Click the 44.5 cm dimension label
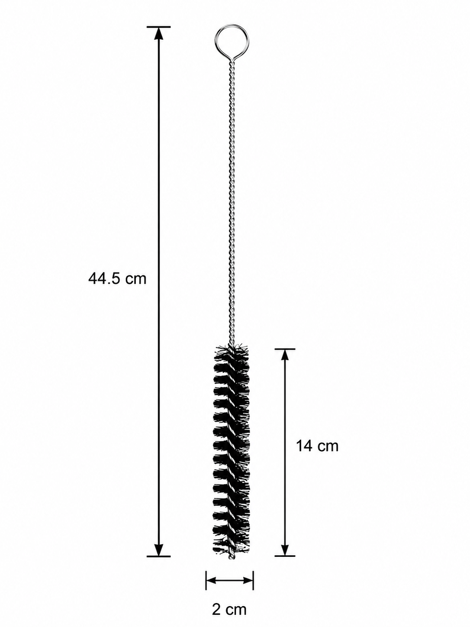click(117, 278)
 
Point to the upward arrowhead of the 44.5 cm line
click(159, 33)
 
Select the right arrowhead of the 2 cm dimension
click(247, 564)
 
